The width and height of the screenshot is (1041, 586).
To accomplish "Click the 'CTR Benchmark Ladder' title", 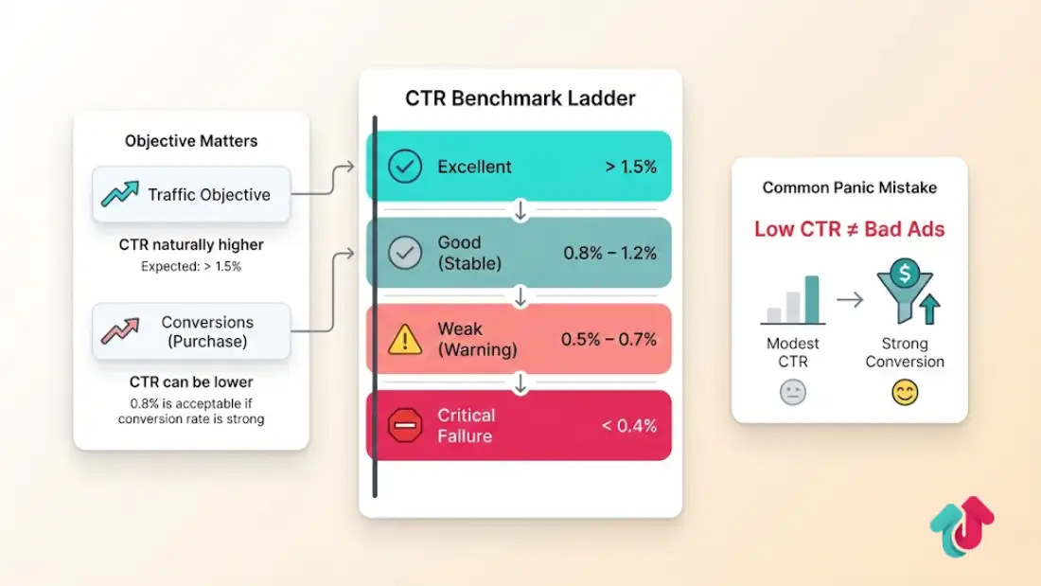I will pyautogui.click(x=520, y=98).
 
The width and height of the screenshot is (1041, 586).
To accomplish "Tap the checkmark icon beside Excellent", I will pyautogui.click(x=405, y=167).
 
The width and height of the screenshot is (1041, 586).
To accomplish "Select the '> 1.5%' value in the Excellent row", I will pyautogui.click(x=630, y=167).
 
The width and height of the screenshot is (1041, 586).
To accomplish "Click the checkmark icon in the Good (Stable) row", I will pyautogui.click(x=405, y=253).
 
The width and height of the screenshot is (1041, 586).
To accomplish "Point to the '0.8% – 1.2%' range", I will pyautogui.click(x=609, y=253).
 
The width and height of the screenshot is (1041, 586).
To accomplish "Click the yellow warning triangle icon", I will pyautogui.click(x=405, y=339).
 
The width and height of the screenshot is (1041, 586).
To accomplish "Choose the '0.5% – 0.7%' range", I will pyautogui.click(x=609, y=339).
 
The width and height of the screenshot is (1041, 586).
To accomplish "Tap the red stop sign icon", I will pyautogui.click(x=405, y=425).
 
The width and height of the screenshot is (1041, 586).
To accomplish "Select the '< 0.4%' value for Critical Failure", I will pyautogui.click(x=628, y=425).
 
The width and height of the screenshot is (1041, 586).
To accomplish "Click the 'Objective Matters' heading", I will pyautogui.click(x=191, y=141).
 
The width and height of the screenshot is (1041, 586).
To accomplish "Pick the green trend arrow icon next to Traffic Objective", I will pyautogui.click(x=120, y=194).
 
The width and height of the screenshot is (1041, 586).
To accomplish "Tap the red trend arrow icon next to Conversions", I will pyautogui.click(x=120, y=331).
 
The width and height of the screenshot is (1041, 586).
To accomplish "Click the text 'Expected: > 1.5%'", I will pyautogui.click(x=191, y=267).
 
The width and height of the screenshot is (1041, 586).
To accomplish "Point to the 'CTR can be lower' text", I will pyautogui.click(x=191, y=382).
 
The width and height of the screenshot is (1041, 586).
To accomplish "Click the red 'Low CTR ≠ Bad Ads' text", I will pyautogui.click(x=849, y=229).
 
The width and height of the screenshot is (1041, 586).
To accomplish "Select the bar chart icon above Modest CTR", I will pyautogui.click(x=793, y=301).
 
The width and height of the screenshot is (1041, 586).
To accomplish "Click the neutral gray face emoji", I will pyautogui.click(x=793, y=392).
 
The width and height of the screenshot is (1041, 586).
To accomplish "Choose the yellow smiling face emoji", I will pyautogui.click(x=905, y=392).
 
